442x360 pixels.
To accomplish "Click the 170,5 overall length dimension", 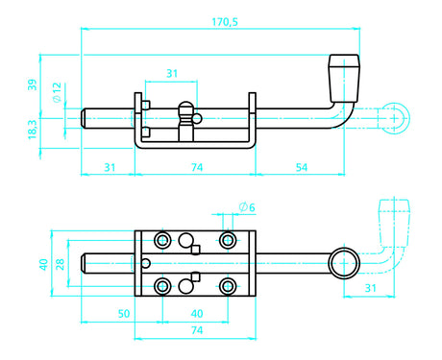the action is coord(225,22).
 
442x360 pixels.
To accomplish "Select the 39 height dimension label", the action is coord(32,84).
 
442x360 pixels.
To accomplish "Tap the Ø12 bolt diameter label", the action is coord(57,92).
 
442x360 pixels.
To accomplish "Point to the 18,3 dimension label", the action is coord(33,129).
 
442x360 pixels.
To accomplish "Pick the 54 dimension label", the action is coord(302,167).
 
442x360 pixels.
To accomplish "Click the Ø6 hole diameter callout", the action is coord(247,207).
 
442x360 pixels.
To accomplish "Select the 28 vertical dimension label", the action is coord(60,264).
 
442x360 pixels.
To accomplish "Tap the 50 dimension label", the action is coord(124,314).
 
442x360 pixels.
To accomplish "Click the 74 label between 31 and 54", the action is coord(197,167).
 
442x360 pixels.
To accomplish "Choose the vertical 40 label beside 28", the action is coord(43,264).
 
